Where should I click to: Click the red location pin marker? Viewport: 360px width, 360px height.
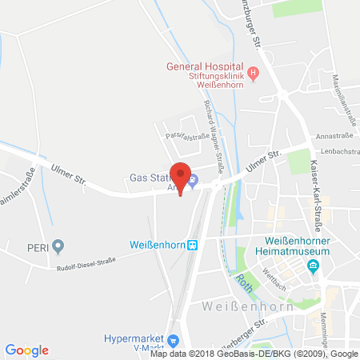pos(183,177)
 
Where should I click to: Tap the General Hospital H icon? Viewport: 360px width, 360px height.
pos(254,76)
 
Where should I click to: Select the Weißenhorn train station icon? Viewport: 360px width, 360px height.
pos(191,246)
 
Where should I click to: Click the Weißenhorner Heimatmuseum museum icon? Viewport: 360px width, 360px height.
pos(314,266)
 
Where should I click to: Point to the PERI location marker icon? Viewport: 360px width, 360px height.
pos(58,246)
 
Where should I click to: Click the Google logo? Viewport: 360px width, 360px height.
pos(26,350)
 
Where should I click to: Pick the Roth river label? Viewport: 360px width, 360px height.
pos(244,281)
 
